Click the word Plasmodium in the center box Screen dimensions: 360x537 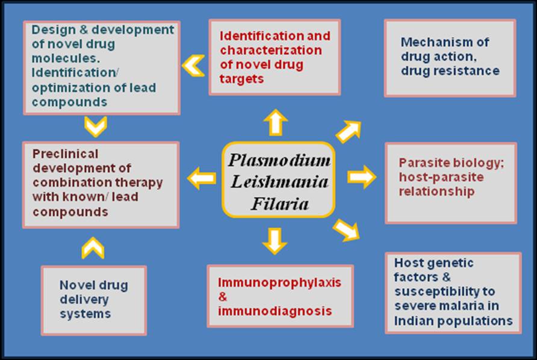pyautogui.click(x=279, y=161)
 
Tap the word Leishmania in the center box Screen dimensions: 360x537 pyautogui.click(x=279, y=183)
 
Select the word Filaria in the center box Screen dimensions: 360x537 pyautogui.click(x=279, y=204)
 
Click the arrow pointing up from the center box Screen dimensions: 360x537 pyautogui.click(x=275, y=122)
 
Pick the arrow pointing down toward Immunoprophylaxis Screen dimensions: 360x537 pyautogui.click(x=274, y=240)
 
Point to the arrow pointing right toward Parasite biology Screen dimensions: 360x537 pyautogui.click(x=361, y=177)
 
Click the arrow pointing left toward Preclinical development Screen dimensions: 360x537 pyautogui.click(x=202, y=178)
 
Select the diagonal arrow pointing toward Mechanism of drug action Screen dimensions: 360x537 pyautogui.click(x=348, y=131)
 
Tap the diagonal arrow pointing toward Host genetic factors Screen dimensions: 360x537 pyautogui.click(x=346, y=229)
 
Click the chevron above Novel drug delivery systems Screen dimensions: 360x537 pyautogui.click(x=93, y=248)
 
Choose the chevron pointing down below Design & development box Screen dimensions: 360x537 pyautogui.click(x=96, y=126)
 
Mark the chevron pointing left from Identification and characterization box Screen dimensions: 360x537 pyautogui.click(x=193, y=65)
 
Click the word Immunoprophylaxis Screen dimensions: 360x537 pyautogui.click(x=271, y=282)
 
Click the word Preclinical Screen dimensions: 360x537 pyautogui.click(x=66, y=154)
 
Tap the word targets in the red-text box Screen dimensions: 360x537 pyautogui.click(x=241, y=79)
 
